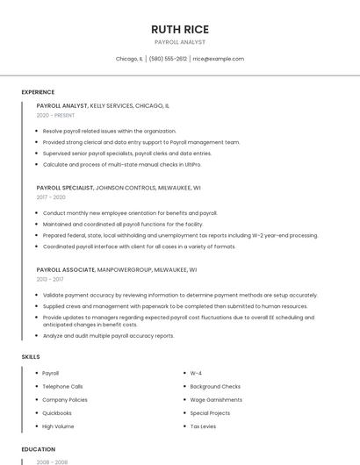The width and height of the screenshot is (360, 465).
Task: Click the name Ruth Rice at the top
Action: coord(179,29)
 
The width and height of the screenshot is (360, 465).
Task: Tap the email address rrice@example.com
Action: coord(218,59)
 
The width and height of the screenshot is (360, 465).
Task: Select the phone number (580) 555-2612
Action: coord(168,59)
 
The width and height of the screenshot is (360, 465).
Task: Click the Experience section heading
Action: coord(38,92)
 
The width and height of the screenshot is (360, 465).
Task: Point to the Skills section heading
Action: coord(31,357)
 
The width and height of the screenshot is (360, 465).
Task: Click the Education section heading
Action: coord(38,449)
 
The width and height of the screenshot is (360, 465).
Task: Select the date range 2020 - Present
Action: coord(55,115)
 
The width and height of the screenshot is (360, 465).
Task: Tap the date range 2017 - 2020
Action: coord(51,197)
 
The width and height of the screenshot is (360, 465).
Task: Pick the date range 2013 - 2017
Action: coord(51,280)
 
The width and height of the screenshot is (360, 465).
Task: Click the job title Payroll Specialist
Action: coord(64,188)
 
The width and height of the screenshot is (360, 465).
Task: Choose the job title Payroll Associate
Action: coord(65,270)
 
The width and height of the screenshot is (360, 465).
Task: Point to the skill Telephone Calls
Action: coord(62,386)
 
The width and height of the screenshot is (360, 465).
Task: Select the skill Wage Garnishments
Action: coord(216,399)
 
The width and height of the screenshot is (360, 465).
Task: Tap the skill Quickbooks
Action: coord(57,412)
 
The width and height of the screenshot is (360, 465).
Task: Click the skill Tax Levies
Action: coord(204,426)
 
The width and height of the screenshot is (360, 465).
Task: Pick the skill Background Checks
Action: coord(215,386)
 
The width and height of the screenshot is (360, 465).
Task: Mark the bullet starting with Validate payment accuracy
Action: coord(180,296)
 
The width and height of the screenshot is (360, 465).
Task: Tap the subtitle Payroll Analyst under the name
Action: coord(179,42)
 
